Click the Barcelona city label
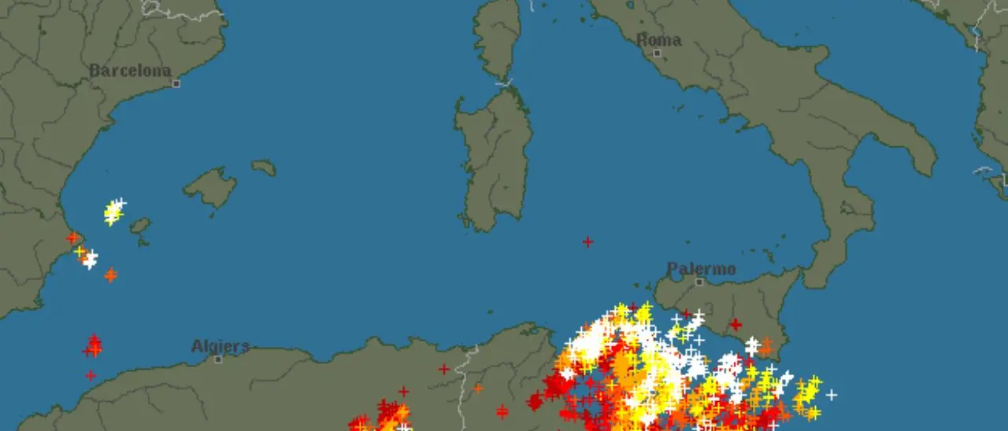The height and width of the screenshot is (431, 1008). [130, 71]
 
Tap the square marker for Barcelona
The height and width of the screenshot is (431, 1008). [176, 83]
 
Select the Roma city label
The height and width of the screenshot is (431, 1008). [658, 40]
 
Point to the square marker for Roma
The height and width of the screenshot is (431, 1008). [657, 53]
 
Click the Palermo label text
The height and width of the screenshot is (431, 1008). [701, 270]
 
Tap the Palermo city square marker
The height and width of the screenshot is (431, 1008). [699, 282]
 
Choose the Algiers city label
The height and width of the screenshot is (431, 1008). [220, 346]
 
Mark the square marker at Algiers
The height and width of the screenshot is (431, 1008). [218, 359]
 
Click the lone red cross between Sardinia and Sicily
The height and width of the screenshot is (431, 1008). [587, 241]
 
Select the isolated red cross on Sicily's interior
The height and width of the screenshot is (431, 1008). [735, 324]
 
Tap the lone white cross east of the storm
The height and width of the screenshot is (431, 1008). [831, 395]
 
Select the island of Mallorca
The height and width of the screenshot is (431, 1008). [210, 187]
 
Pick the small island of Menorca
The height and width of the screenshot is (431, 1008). [264, 168]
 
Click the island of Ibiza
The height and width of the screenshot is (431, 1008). [140, 227]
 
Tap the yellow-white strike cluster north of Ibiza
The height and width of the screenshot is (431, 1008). [114, 211]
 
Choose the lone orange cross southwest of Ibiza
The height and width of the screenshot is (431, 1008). [110, 274]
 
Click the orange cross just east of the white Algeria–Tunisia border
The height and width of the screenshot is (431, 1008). [478, 388]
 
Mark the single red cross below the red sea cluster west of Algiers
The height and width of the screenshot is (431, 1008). [91, 375]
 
